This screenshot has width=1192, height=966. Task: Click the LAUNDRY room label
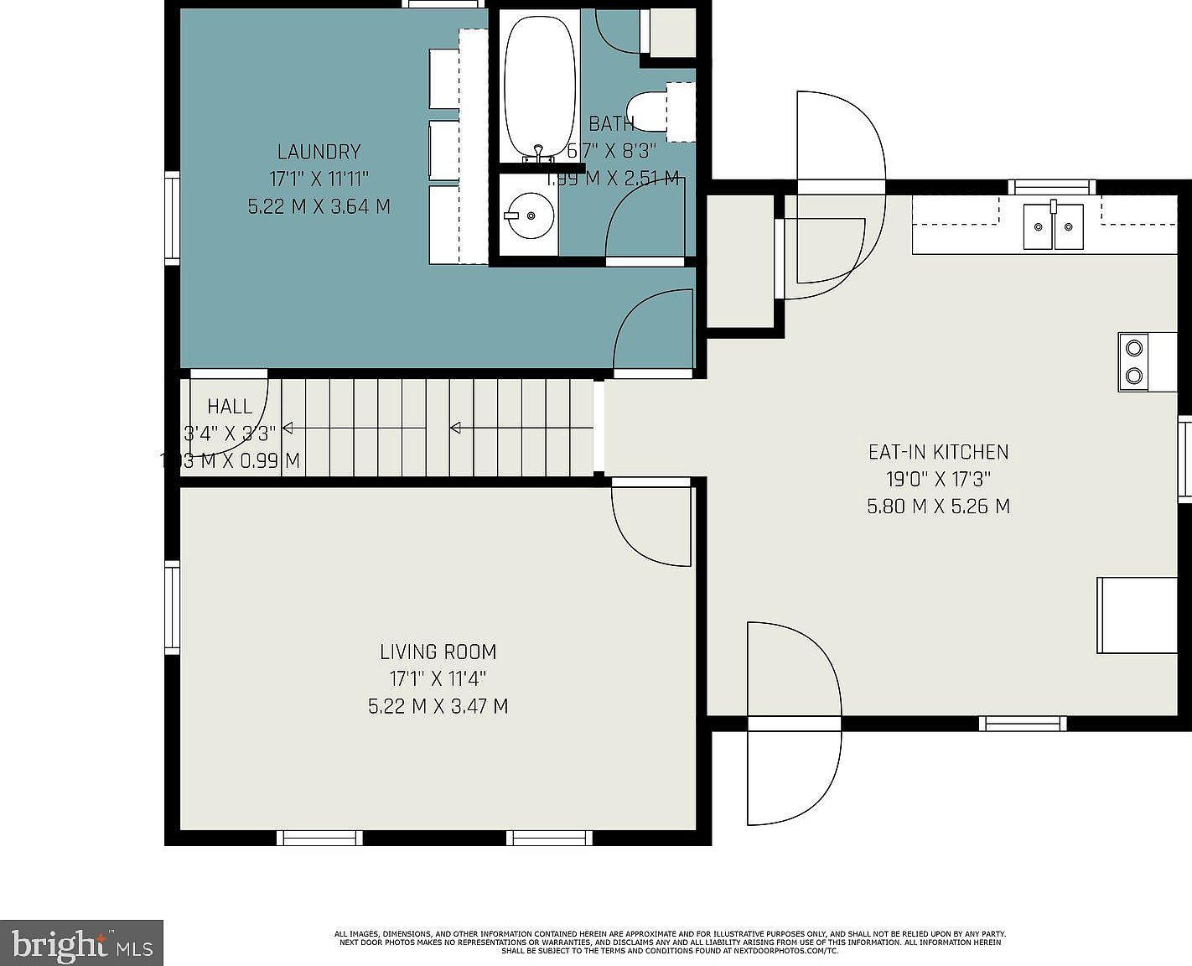pos(319,152)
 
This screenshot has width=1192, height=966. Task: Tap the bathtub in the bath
pos(539,84)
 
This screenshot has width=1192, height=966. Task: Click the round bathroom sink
pos(530,216)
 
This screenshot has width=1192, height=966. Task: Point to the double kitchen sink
pos(1053,226)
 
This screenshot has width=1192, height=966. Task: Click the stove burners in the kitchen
pos(1134,361)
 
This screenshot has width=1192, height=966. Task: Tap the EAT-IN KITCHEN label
pos(938,452)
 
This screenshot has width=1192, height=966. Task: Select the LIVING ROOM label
pos(438,652)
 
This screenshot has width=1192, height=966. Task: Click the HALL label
pos(230,407)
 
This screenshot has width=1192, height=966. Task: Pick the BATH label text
pos(611,124)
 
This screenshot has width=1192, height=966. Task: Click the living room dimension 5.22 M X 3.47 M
pos(438,706)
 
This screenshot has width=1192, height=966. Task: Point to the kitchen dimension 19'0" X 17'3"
pos(938,480)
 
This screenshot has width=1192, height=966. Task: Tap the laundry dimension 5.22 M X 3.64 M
pos(319,206)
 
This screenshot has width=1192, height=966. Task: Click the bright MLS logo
pos(81,944)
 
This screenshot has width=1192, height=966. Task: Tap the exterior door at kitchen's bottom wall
pos(794,723)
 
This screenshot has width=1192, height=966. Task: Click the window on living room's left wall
pos(172,608)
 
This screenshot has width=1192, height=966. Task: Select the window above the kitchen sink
pos(1051,187)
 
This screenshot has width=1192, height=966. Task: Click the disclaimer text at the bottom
pos(670,942)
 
